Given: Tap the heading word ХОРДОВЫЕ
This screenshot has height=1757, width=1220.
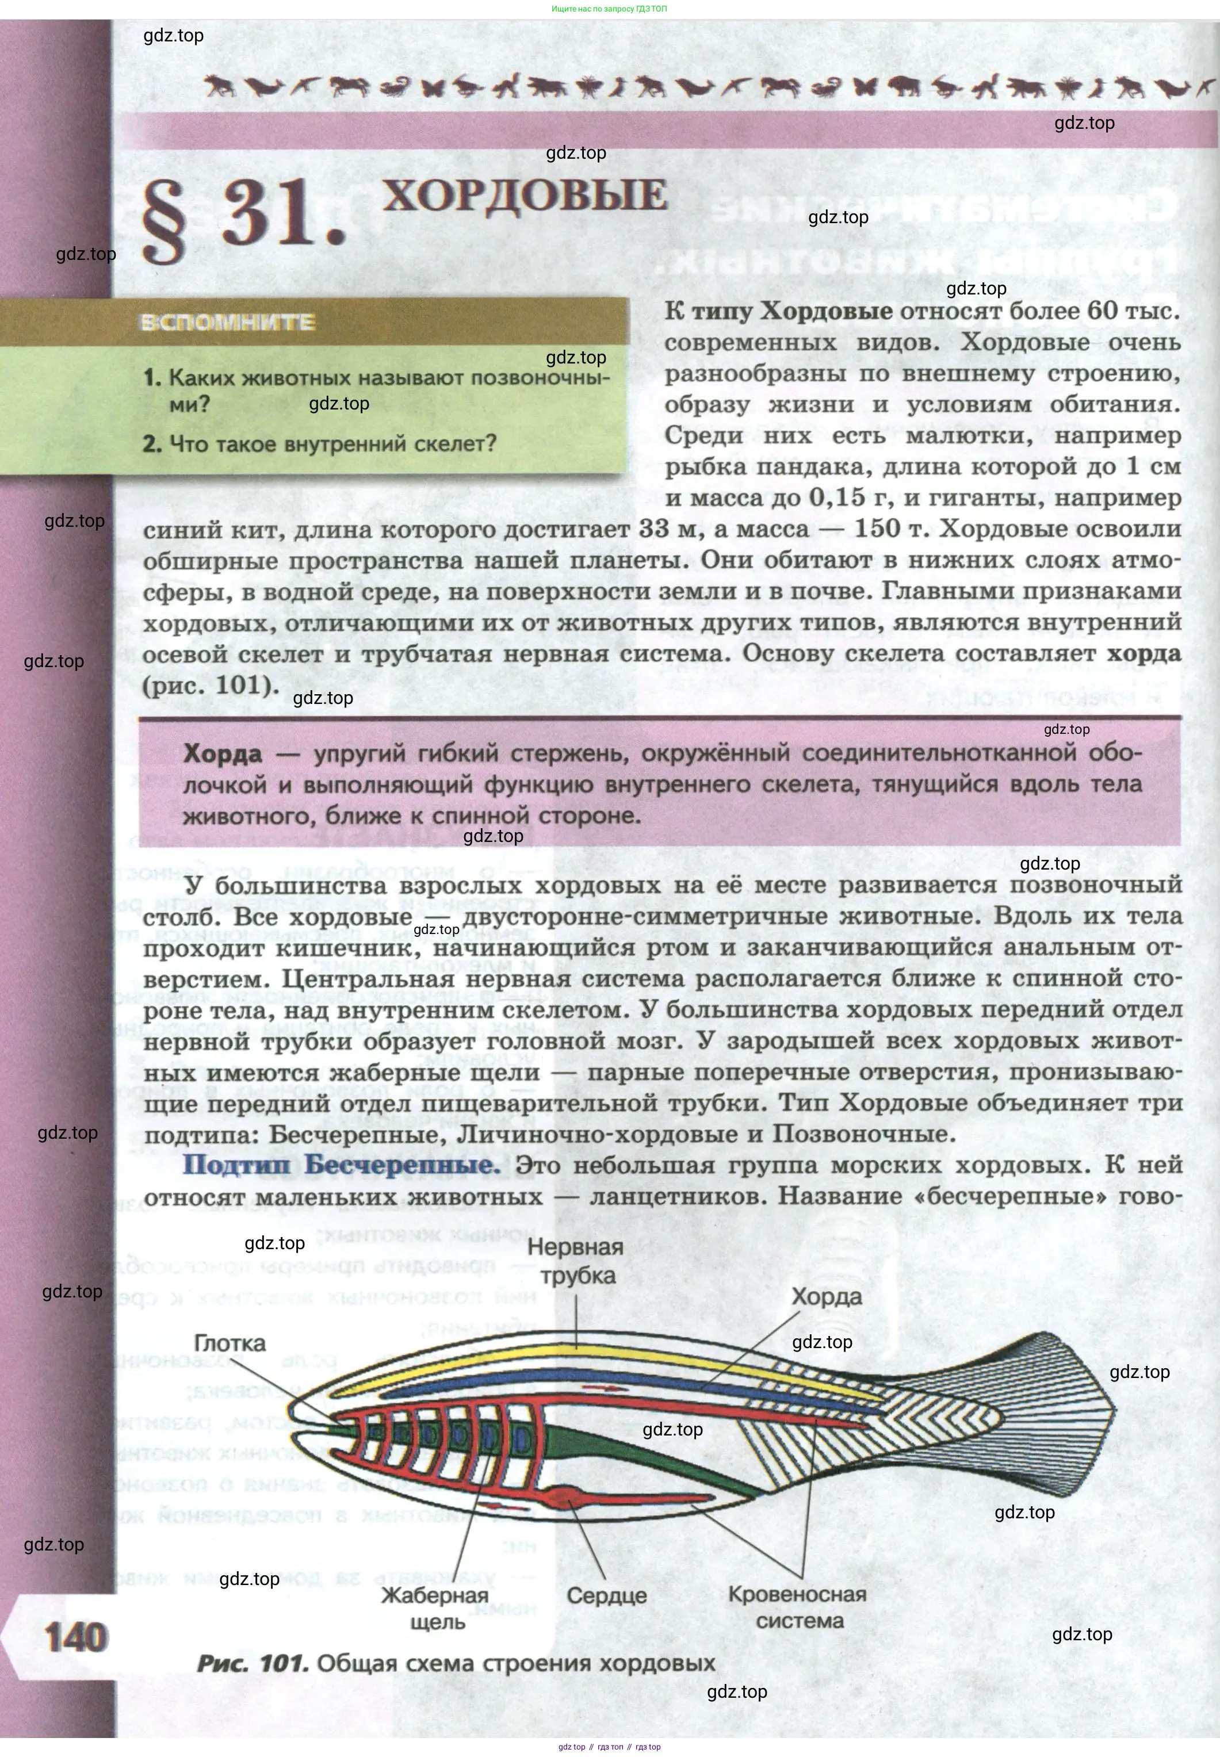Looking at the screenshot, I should pyautogui.click(x=525, y=195).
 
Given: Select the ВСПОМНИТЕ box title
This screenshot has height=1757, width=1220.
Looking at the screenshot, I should pyautogui.click(x=227, y=323).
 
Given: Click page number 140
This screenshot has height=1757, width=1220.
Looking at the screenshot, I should pyautogui.click(x=77, y=1639).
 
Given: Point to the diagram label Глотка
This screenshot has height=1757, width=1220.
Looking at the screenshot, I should pyautogui.click(x=230, y=1343).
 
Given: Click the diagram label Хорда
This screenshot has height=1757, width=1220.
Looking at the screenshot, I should pyautogui.click(x=827, y=1296).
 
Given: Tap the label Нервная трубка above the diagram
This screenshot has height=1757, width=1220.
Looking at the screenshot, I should pyautogui.click(x=576, y=1261).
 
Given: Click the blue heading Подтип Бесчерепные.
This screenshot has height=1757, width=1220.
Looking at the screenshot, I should pyautogui.click(x=341, y=1165).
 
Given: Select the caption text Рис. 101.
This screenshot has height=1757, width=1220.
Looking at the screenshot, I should pyautogui.click(x=253, y=1663).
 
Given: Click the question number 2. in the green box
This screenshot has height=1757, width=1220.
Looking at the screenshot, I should pyautogui.click(x=152, y=443).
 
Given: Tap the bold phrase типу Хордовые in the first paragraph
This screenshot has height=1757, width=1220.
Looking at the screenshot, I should pyautogui.click(x=791, y=311).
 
